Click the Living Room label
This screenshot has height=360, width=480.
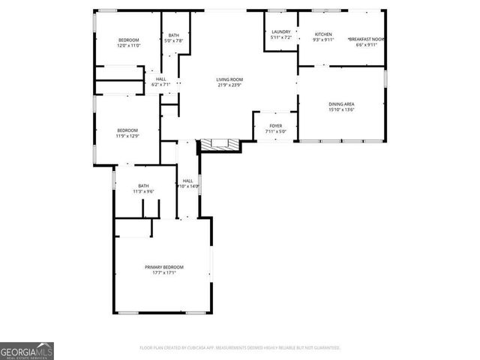229,79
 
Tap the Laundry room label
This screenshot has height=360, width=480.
281,31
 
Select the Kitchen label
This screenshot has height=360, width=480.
323,34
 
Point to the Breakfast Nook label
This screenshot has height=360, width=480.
366,39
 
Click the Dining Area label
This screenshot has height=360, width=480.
341,103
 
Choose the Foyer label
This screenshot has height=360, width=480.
276,126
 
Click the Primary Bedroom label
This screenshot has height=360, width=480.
164,267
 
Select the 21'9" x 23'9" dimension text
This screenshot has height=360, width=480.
229,85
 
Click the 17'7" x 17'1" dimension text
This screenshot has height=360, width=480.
164,273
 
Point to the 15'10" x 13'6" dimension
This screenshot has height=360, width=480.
341,109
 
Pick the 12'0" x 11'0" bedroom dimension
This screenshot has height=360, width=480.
129,46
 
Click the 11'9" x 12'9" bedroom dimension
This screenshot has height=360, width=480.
127,136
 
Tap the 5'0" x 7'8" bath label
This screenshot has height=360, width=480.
174,40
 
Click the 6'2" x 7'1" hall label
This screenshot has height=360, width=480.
161,84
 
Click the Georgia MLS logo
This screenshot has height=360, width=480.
26,351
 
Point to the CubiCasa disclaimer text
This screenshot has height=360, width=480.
240,348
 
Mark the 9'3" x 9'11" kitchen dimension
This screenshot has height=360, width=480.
323,40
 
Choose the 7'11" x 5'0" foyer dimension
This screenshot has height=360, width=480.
276,132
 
